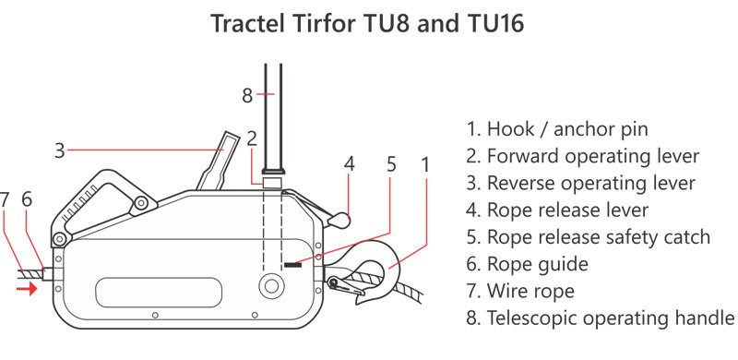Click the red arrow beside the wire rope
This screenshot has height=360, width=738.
[27, 288]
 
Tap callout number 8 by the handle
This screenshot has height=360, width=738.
[247, 96]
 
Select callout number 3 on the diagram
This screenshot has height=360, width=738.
[59, 150]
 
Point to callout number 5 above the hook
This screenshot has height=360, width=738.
[391, 164]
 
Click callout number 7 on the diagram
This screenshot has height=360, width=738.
[5, 199]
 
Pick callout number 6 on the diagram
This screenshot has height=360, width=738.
[27, 199]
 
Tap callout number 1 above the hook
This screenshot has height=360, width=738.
[425, 165]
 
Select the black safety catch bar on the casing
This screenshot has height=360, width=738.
[292, 265]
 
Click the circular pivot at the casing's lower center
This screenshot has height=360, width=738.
[271, 285]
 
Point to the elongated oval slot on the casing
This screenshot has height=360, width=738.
[159, 292]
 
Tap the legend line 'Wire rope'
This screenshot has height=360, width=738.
[520, 291]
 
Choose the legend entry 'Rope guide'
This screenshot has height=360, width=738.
[527, 264]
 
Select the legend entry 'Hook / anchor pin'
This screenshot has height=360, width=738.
[557, 128]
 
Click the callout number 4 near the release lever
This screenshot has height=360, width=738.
[349, 164]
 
